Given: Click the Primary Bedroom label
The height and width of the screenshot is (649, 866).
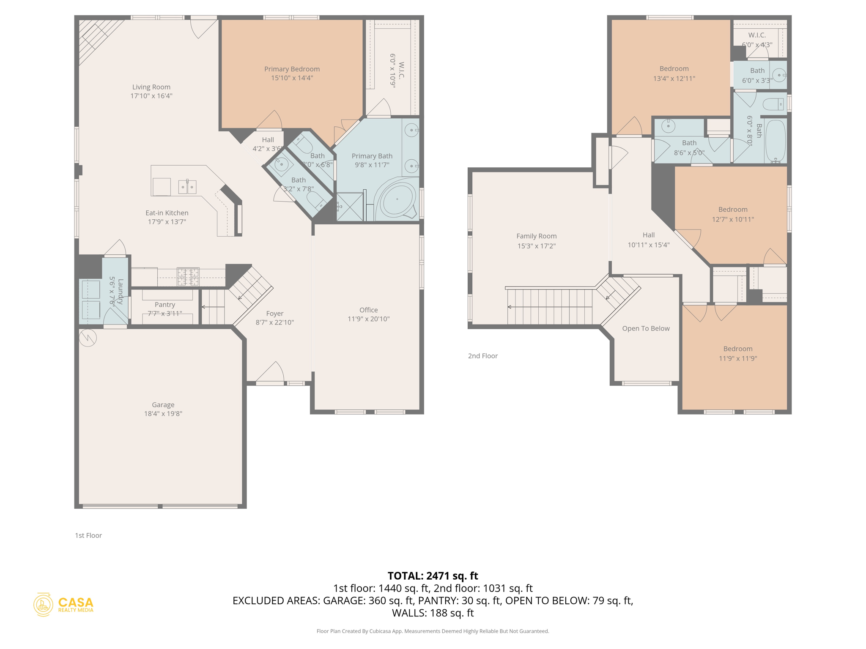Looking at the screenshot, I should point(292,69).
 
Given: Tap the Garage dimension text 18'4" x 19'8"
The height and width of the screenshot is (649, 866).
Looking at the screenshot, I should point(163,414).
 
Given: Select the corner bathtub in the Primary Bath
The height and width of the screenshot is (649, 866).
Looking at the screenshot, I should point(397,200).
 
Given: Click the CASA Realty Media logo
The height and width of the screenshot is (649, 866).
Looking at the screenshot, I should point(63,605).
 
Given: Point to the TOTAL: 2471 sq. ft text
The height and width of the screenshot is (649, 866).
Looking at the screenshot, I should point(433,576).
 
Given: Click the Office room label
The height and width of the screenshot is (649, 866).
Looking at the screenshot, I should point(368,310).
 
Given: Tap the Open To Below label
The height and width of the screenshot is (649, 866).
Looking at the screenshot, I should point(646,328).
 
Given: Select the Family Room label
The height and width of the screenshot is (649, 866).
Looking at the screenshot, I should point(536,236).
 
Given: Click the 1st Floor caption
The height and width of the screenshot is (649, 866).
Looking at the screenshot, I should point(88,535).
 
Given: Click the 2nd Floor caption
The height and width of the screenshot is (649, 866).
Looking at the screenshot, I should point(482,356).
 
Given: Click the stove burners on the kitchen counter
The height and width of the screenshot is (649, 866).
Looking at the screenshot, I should point(188,277).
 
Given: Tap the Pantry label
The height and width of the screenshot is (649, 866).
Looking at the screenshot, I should point(164,305).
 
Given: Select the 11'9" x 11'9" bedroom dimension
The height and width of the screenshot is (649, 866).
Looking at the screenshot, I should point(737,359).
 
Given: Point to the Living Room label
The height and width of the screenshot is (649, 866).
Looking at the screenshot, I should point(151,87).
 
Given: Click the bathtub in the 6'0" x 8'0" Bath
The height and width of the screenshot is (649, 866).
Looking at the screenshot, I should point(775,141).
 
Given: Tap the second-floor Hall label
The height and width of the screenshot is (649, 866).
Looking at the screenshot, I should point(648,235).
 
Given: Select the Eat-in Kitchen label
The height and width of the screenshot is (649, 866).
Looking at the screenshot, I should point(167,213).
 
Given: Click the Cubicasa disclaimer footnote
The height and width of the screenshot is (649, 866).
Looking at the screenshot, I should point(433,631).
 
